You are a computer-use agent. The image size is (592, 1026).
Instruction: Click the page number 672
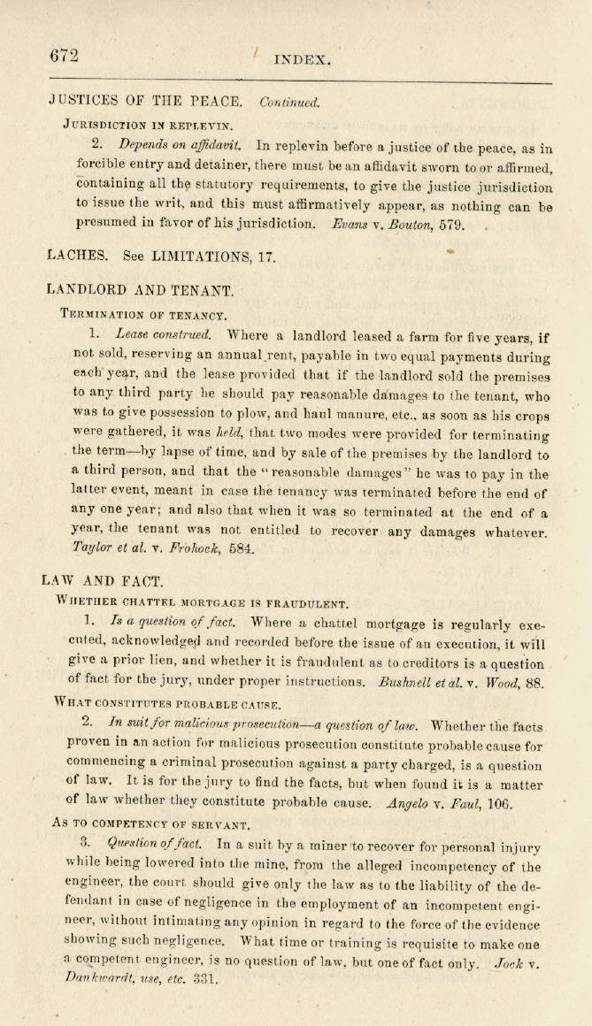point(64,56)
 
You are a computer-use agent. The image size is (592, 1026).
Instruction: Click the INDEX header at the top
point(303,60)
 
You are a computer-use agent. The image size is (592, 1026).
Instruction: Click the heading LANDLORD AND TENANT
point(141,289)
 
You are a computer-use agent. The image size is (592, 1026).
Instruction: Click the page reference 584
point(239,548)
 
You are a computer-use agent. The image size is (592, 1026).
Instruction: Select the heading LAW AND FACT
point(103,581)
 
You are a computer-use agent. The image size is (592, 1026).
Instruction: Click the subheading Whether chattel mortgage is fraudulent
point(202,604)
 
